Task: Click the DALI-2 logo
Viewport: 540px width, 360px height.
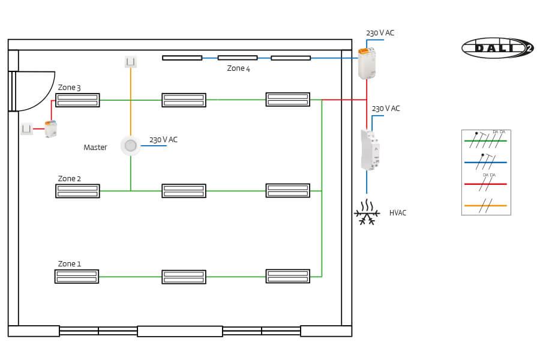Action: [x=497, y=48]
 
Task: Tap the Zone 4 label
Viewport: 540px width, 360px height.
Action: [x=238, y=68]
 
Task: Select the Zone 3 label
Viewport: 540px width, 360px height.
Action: [x=69, y=88]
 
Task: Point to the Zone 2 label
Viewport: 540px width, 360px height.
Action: [x=69, y=179]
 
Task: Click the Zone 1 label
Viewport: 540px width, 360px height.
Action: [x=69, y=264]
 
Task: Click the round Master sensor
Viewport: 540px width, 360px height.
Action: [x=131, y=145]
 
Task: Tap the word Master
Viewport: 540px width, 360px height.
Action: [x=95, y=148]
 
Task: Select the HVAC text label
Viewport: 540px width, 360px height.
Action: [x=398, y=213]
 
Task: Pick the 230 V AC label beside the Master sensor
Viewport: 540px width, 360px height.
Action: [x=163, y=140]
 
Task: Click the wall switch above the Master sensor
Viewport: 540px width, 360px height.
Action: [x=131, y=61]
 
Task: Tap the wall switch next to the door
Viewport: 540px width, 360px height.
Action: [x=26, y=128]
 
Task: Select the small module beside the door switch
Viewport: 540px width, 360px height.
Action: [x=51, y=128]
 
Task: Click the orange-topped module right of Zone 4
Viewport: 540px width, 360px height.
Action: [x=367, y=63]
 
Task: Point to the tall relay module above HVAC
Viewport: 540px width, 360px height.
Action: [x=370, y=149]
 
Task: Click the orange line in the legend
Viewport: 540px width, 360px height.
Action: [x=485, y=205]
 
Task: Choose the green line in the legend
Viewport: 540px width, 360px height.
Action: [x=485, y=141]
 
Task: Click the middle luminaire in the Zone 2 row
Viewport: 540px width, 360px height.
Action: [x=184, y=191]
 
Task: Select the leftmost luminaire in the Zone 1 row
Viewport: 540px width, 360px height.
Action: [x=77, y=277]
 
